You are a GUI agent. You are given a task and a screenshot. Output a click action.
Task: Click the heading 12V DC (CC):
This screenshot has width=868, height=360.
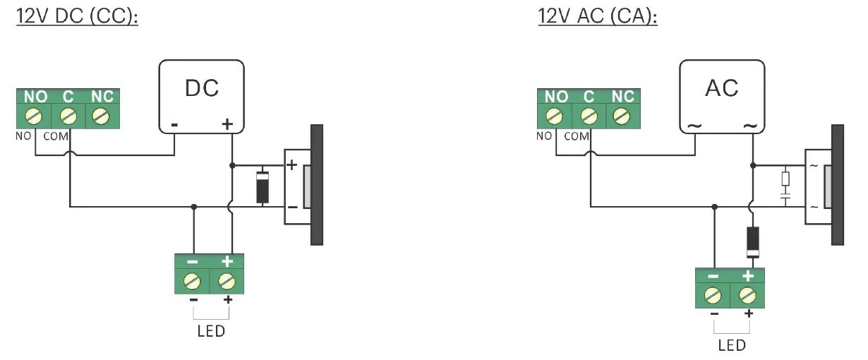[77, 16]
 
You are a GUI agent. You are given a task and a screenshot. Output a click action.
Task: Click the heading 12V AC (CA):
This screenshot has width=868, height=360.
[597, 16]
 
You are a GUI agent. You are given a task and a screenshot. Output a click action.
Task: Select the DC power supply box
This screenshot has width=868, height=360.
[202, 96]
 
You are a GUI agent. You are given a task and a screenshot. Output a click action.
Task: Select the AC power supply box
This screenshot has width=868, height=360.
[722, 96]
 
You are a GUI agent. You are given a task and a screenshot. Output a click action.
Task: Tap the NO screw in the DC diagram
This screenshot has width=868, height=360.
[32, 115]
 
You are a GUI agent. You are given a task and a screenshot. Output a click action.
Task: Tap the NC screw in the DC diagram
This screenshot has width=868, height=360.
[102, 115]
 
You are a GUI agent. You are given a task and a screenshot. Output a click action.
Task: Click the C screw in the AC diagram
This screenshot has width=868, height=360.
[588, 115]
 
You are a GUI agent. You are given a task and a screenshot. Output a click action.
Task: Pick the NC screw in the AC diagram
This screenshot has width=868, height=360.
[622, 115]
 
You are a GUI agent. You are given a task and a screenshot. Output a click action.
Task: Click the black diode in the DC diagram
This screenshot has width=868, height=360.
[263, 186]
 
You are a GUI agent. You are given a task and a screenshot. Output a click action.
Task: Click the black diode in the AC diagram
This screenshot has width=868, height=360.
[753, 241]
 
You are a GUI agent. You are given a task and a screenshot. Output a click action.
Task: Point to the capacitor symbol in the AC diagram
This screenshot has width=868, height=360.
[785, 198]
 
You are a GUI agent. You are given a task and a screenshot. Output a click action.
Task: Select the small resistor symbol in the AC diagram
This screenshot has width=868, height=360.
[785, 179]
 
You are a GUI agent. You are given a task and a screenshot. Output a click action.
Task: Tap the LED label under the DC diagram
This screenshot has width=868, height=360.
[211, 331]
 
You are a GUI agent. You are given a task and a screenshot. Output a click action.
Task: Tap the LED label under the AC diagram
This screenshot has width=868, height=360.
[731, 345]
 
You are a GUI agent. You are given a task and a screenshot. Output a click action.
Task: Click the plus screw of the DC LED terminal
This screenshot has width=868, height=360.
[227, 281]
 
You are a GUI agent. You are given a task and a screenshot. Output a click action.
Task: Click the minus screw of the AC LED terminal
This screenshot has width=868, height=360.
[713, 294]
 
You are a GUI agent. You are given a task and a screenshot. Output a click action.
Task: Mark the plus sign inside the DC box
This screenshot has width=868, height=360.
[227, 125]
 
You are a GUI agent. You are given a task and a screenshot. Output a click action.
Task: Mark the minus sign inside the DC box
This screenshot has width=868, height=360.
[174, 126]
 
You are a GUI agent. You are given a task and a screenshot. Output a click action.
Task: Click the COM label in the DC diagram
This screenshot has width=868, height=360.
[56, 136]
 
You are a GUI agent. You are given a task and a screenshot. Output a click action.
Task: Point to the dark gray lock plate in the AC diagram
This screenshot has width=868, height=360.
[837, 185]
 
